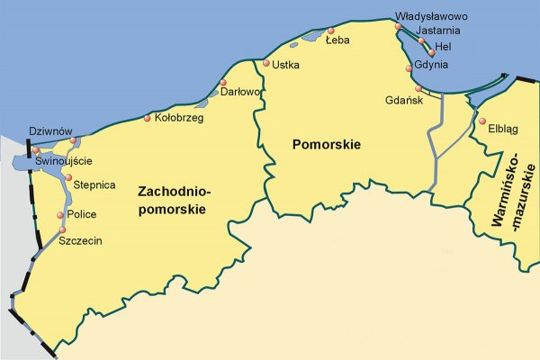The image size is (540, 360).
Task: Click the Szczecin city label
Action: pyautogui.click(x=80, y=241)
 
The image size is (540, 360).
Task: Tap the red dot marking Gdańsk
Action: pyautogui.click(x=418, y=88)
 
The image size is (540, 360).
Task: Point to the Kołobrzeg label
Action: pyautogui.click(x=179, y=118)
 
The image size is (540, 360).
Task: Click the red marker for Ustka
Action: pyautogui.click(x=266, y=63)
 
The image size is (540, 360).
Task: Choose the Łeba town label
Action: pyautogui.click(x=337, y=40)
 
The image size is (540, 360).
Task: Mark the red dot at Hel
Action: pyautogui.click(x=432, y=53)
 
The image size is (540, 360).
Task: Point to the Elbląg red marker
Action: pyautogui.click(x=482, y=122)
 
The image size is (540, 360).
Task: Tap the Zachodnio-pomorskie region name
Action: pyautogui.click(x=173, y=200)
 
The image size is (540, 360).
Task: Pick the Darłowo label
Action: pyautogui.click(x=240, y=92)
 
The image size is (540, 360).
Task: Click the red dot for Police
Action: pyautogui.click(x=61, y=214)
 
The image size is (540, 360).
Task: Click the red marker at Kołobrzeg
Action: pyautogui.click(x=148, y=118)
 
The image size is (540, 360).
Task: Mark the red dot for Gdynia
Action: pyautogui.click(x=409, y=67)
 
